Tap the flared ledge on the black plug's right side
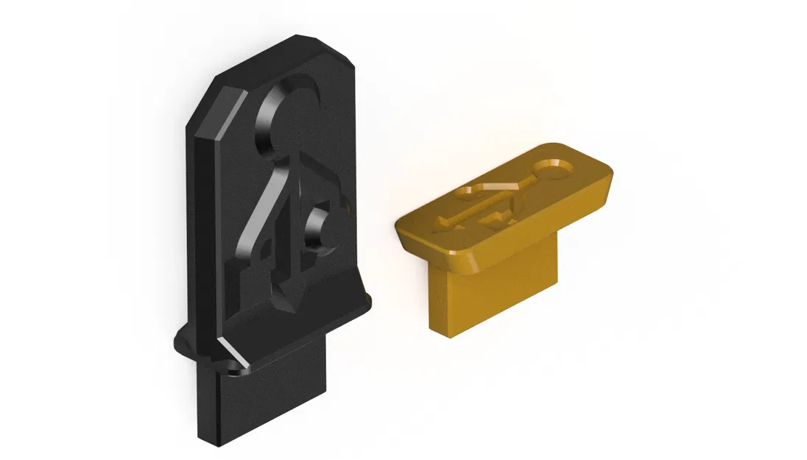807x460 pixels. click(362, 299)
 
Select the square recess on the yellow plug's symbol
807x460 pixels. click(496, 216)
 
